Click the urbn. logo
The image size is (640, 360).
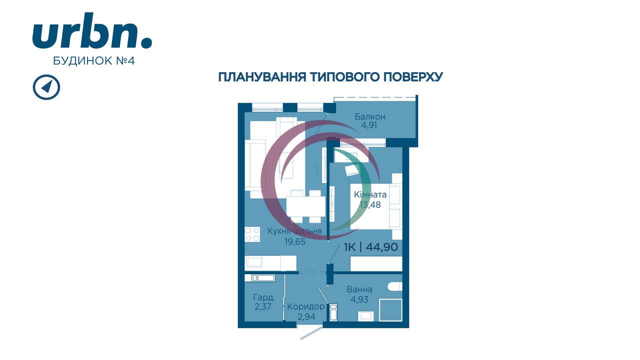tap(92, 30)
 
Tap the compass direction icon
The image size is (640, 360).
tap(46, 87)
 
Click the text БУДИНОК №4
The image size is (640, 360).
tap(93, 60)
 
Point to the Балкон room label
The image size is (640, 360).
tap(369, 116)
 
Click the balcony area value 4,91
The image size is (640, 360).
tap(369, 125)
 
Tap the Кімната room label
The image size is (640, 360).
tap(370, 194)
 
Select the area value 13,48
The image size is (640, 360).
tap(370, 204)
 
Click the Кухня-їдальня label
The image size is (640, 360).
tap(294, 231)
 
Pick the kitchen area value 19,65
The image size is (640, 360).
tap(295, 241)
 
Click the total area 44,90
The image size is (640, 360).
tap(381, 247)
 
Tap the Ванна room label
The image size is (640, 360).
tap(359, 289)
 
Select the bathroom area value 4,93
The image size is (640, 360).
tap(359, 299)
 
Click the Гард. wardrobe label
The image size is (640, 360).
tap(263, 297)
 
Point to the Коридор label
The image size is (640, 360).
tap(305, 306)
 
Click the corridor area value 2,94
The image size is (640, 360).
tap(306, 316)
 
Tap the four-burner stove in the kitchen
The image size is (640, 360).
tap(252, 234)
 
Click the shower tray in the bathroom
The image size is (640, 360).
tap(390, 310)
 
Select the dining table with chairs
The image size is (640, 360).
tap(305, 206)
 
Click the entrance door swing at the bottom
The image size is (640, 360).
tap(311, 332)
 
